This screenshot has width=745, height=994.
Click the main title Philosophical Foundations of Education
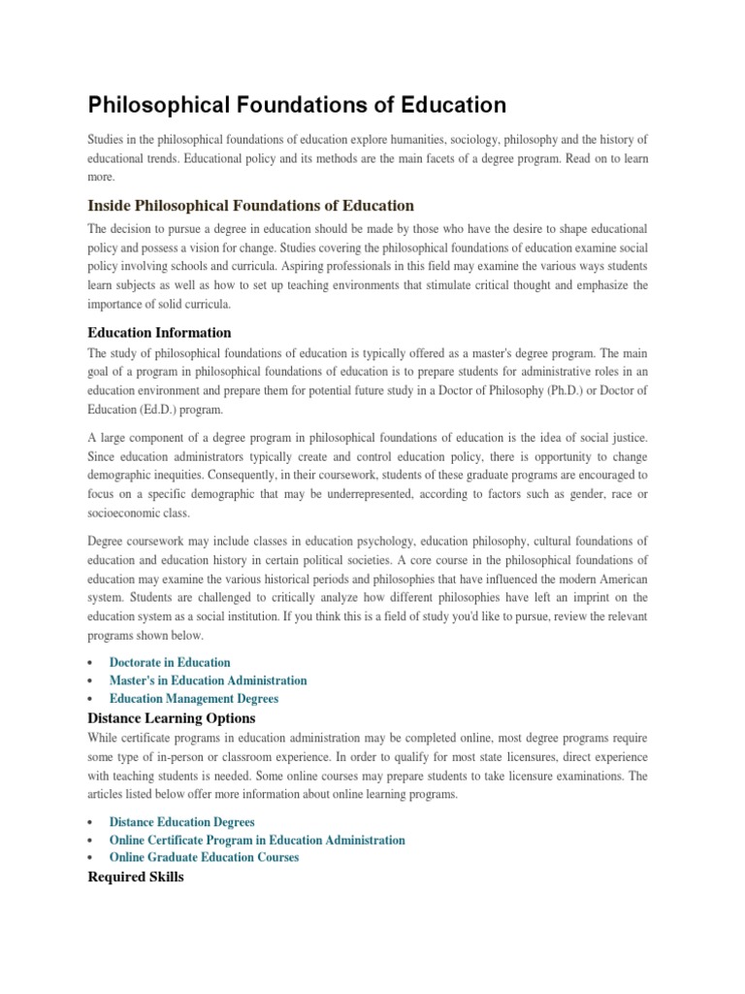point(297,104)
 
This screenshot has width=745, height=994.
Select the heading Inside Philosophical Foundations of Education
point(250,205)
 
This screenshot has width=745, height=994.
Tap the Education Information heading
point(159,332)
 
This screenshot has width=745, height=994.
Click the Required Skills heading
point(135,877)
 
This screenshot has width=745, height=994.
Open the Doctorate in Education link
point(170,662)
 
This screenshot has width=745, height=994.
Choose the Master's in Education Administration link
point(208,680)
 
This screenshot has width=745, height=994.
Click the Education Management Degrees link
point(193,698)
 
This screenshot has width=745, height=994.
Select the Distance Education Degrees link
point(182,822)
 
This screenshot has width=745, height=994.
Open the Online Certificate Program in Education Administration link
point(257,840)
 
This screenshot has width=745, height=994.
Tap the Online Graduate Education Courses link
point(204,857)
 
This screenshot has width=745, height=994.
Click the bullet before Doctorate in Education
point(90,663)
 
